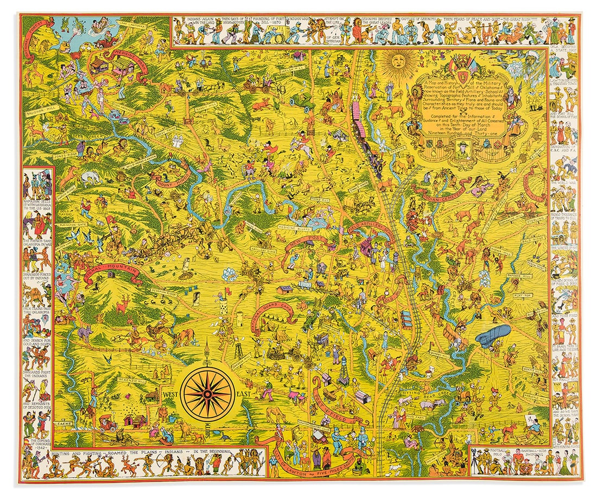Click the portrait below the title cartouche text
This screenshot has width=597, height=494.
(459, 150)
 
